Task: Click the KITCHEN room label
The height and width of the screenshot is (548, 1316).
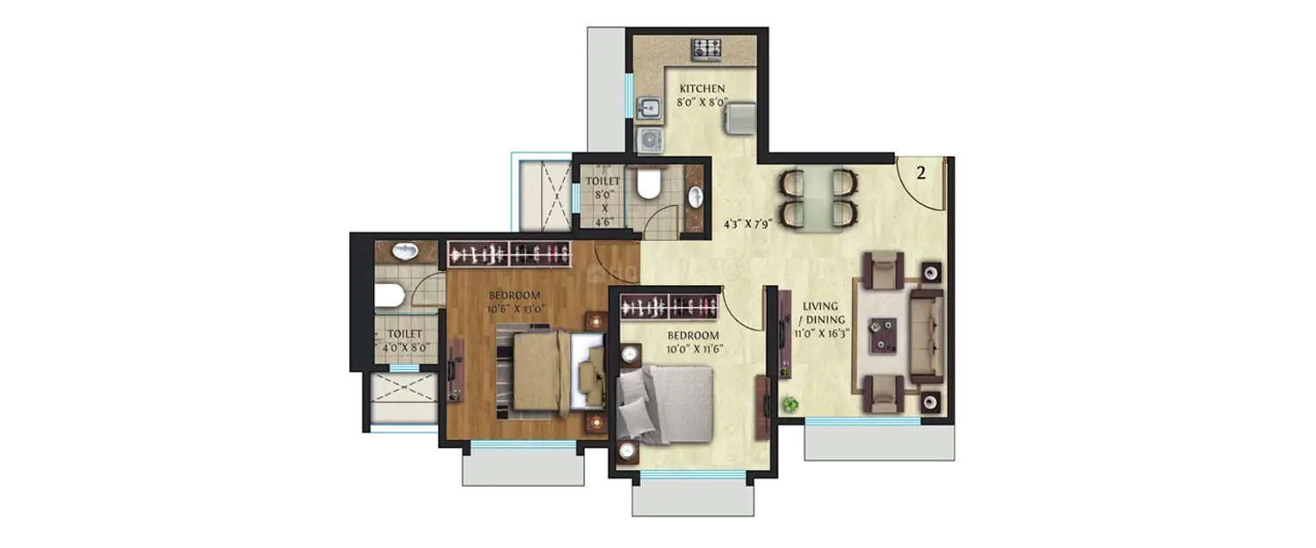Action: (x=700, y=89)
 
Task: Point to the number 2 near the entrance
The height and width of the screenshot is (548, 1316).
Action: (x=921, y=173)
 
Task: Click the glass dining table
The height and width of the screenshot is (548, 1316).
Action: (x=817, y=198)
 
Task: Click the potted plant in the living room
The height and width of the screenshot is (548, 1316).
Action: (x=790, y=404)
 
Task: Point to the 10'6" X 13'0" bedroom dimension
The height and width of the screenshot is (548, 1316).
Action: (x=515, y=308)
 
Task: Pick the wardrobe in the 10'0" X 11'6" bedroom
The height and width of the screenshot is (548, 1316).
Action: (x=670, y=306)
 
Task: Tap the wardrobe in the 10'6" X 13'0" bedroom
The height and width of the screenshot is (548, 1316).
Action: (x=508, y=253)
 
